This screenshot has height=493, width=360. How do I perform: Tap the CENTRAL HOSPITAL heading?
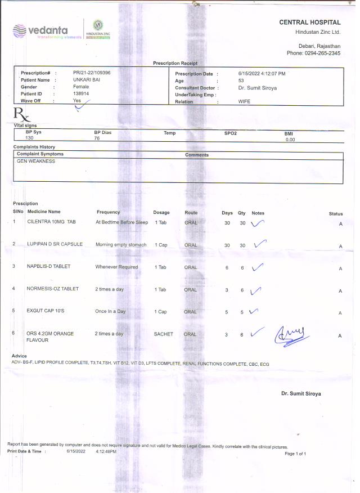point(309,23)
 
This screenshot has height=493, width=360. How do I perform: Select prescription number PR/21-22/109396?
point(92,73)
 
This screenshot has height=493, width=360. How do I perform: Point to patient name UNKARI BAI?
point(87,80)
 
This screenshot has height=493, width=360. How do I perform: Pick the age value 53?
point(241,81)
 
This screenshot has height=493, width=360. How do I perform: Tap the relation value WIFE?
point(244,102)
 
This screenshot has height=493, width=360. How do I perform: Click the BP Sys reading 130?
point(30,138)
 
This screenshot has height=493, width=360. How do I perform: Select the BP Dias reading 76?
point(97,138)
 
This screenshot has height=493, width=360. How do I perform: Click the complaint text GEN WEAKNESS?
point(36,161)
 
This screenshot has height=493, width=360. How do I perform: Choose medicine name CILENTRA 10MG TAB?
point(51,222)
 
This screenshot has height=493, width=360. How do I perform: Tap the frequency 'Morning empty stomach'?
point(121,245)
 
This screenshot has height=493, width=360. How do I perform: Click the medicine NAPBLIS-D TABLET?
point(48,267)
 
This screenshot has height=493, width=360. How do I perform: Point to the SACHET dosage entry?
point(163,334)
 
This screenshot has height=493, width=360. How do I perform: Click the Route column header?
point(191,213)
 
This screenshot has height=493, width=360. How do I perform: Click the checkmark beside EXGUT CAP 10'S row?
point(254,311)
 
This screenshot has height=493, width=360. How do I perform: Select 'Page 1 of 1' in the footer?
point(295,454)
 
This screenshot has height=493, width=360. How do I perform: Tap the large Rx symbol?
point(22,116)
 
